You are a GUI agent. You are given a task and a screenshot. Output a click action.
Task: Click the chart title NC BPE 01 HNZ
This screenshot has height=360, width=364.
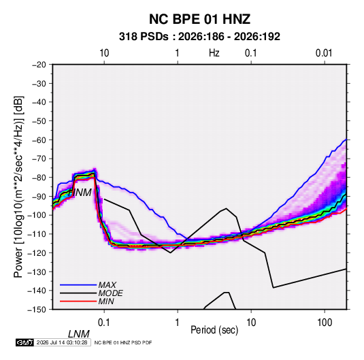pyautogui.click(x=199, y=19)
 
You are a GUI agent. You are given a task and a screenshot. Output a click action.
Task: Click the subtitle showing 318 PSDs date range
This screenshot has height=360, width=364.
pyautogui.click(x=199, y=37)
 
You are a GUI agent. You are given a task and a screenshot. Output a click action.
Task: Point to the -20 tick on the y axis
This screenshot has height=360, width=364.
pyautogui.click(x=39, y=65)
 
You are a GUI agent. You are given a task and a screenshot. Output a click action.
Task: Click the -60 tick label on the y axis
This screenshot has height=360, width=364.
pyautogui.click(x=39, y=140)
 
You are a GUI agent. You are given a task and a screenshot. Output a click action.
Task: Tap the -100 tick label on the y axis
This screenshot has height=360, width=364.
pyautogui.click(x=37, y=215)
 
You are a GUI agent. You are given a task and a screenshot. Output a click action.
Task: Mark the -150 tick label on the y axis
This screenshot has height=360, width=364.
pyautogui.click(x=37, y=310)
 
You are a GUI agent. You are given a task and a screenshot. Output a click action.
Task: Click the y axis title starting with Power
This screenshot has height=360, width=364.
pyautogui.click(x=18, y=187)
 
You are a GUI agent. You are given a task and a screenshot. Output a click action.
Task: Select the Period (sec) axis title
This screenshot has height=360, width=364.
pyautogui.click(x=214, y=329)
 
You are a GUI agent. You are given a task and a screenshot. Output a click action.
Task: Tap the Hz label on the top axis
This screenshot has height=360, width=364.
pyautogui.click(x=214, y=53)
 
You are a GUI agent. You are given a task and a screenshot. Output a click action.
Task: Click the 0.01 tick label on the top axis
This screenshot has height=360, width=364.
pyautogui.click(x=324, y=53)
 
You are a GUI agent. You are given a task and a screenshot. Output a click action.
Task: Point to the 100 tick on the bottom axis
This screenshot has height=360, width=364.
pyautogui.click(x=325, y=323)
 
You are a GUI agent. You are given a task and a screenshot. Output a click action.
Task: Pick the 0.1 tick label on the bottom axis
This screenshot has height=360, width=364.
pyautogui.click(x=104, y=323)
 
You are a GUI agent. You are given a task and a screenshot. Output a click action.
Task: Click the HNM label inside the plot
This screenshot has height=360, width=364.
pyautogui.click(x=80, y=193)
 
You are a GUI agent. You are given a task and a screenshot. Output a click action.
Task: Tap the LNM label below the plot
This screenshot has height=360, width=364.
pyautogui.click(x=79, y=334)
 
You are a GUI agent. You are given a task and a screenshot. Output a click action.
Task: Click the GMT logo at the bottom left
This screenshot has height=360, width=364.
pyautogui.click(x=24, y=342)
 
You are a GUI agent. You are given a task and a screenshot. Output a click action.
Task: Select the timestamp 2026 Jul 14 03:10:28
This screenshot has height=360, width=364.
pyautogui.click(x=62, y=342)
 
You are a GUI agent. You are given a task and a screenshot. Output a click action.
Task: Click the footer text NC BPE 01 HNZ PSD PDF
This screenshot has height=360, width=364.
pyautogui.click(x=123, y=342)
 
